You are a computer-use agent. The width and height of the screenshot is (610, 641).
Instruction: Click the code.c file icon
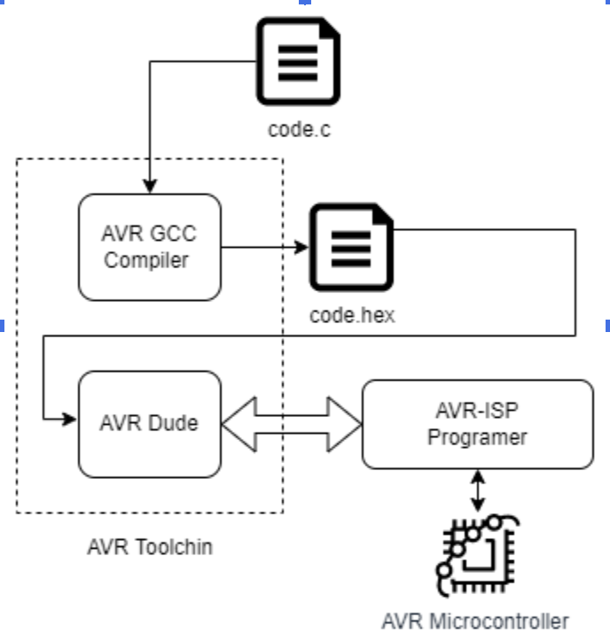click(x=298, y=61)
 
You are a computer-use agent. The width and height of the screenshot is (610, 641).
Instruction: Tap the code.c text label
click(x=299, y=129)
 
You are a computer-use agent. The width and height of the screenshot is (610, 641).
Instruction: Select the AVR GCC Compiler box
click(x=149, y=248)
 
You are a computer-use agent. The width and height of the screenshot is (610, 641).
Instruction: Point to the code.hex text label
click(x=352, y=315)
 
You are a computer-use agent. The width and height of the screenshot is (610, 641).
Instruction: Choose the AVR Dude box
click(x=149, y=424)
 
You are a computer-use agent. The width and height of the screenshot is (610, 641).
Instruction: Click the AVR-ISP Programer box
click(x=477, y=424)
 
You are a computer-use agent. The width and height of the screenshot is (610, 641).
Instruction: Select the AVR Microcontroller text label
click(x=474, y=621)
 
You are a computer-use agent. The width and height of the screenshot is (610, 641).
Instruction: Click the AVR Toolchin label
click(x=150, y=546)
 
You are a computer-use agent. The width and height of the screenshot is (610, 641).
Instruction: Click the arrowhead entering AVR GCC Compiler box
click(x=150, y=187)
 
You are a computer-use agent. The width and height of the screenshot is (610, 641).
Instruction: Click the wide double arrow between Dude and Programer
click(x=292, y=425)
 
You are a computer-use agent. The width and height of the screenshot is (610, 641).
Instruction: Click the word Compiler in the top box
click(x=147, y=261)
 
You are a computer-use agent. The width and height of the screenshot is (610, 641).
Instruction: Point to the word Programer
click(x=477, y=437)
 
